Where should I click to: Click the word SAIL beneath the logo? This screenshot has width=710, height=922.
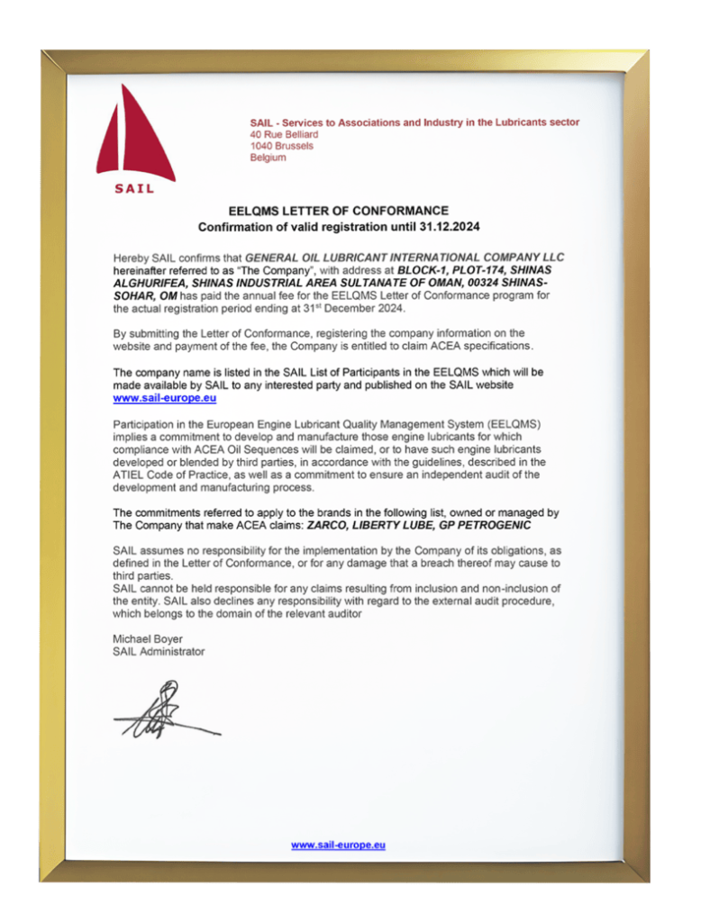pyautogui.click(x=134, y=189)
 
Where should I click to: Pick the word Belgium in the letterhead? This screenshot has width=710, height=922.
pyautogui.click(x=268, y=158)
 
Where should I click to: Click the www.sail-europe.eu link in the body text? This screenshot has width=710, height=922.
pyautogui.click(x=165, y=397)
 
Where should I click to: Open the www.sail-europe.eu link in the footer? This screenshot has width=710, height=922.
pyautogui.click(x=338, y=845)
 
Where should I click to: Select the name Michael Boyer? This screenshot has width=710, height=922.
pyautogui.click(x=148, y=639)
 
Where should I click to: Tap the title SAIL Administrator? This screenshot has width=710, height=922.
pyautogui.click(x=159, y=651)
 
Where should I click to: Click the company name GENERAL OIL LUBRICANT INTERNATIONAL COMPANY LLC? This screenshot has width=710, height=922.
pyautogui.click(x=405, y=258)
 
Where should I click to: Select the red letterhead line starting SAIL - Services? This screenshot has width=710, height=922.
pyautogui.click(x=414, y=122)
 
